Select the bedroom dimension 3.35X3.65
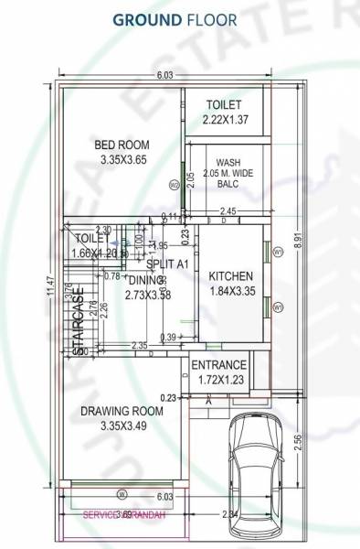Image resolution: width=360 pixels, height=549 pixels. pyautogui.click(x=123, y=159)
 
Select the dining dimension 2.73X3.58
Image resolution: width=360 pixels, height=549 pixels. pyautogui.click(x=150, y=295)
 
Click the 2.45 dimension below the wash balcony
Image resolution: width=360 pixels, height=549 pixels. pyautogui.click(x=228, y=211)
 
